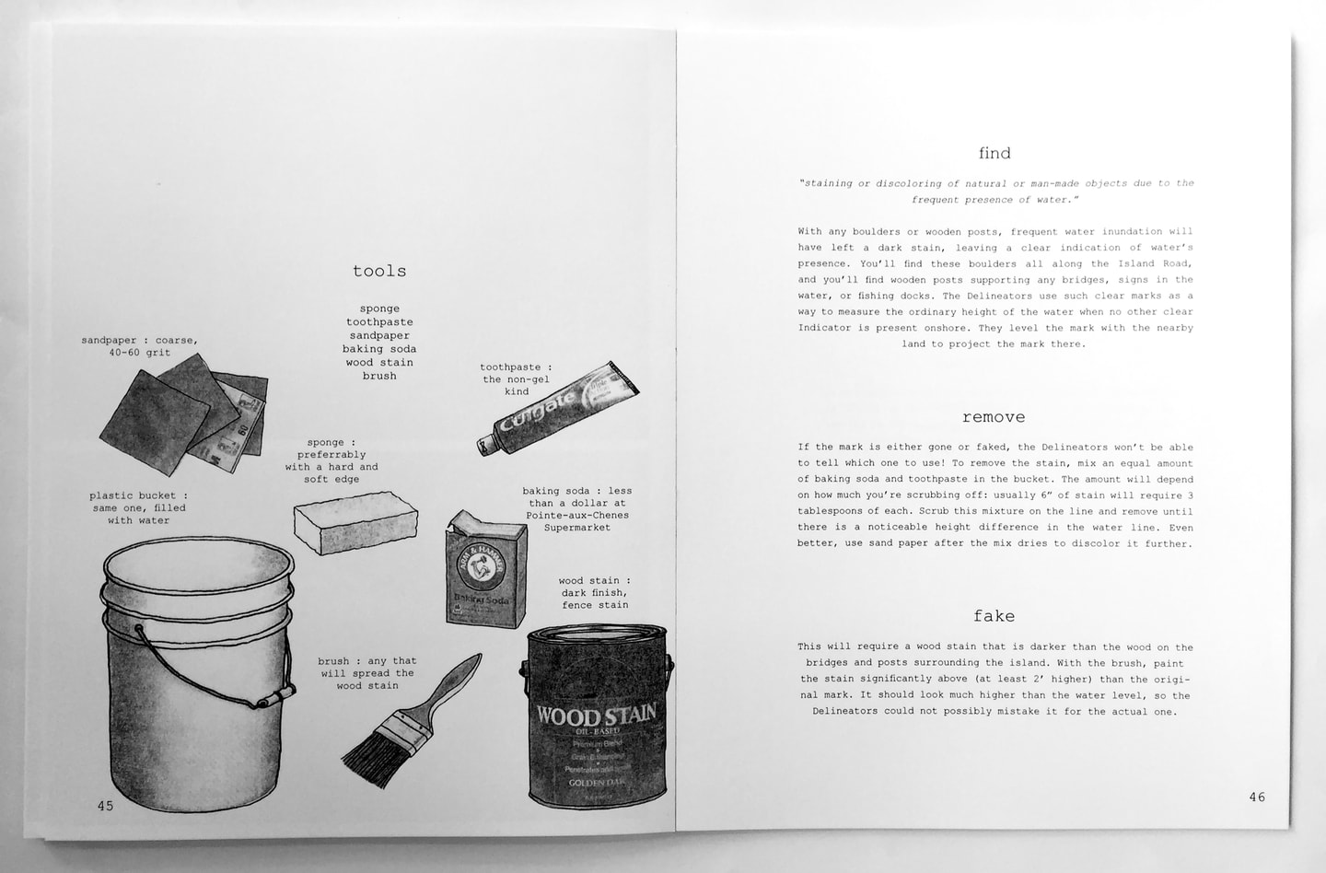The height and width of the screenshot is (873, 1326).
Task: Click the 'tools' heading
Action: coord(379,271)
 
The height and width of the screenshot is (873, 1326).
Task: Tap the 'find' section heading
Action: coord(994,153)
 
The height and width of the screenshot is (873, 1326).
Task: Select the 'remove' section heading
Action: coord(994,417)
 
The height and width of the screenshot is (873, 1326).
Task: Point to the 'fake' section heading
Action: coord(994,616)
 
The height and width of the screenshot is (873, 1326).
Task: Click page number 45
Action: coord(105,806)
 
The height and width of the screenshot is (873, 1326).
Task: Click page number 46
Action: coord(1257,797)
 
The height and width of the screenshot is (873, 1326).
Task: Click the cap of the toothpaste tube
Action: coord(485,446)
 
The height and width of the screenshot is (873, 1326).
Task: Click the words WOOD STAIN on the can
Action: coord(596,715)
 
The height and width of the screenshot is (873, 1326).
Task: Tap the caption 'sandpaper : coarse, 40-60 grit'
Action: coord(139,346)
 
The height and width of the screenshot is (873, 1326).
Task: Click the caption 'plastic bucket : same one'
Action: coord(139,507)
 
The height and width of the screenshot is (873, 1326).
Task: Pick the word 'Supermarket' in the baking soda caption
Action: coord(576,528)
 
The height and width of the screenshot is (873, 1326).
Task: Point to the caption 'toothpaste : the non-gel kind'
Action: coord(516,378)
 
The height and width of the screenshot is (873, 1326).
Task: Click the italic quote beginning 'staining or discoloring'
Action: coord(995,191)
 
